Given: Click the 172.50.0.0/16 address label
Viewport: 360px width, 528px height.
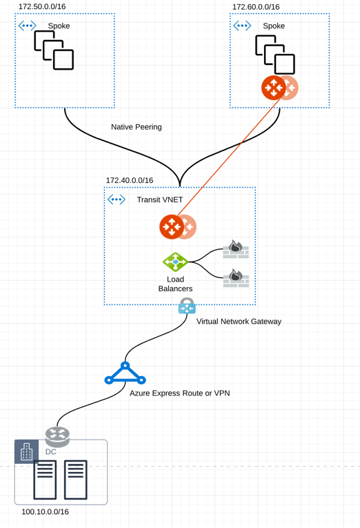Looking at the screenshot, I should pos(42,6).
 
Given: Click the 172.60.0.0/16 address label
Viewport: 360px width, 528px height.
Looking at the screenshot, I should pos(256,7).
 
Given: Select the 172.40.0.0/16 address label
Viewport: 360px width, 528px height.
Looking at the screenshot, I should pos(130,180).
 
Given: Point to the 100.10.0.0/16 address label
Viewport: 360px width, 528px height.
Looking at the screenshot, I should pos(45,512).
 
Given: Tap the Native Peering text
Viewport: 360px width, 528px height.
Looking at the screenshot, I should pos(137,127).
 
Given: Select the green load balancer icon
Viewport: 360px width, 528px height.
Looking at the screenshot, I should pos(175,262).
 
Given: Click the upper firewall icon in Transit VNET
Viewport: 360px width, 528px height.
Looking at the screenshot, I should pos(236,249).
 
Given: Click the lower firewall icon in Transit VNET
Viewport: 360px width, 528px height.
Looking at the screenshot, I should pos(236,278).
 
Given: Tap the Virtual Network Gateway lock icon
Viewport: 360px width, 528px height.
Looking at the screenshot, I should pos(187,306).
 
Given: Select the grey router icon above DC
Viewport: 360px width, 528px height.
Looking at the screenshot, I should pos(57,436).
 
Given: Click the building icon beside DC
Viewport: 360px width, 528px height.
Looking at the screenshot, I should pos(27,452).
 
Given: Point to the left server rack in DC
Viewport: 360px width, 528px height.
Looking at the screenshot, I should pos(46,479).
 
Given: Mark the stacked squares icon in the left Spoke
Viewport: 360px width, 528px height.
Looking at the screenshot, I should pos(54,50).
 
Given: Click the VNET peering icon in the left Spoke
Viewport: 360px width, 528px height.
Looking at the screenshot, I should pos(27,26).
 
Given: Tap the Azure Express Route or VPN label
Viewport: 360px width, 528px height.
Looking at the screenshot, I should pos(180,393).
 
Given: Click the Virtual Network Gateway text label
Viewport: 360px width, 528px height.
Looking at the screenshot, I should pos(239,321).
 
